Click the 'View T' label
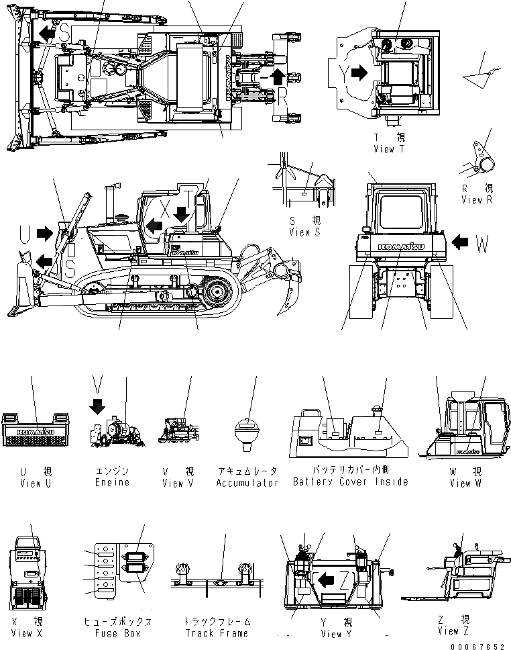click(389, 149)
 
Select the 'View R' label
click(481, 200)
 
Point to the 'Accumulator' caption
click(247, 483)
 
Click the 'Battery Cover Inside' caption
click(350, 482)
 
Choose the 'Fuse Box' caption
click(116, 633)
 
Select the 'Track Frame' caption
click(216, 633)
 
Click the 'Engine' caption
click(113, 483)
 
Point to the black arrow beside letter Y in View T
click(359, 73)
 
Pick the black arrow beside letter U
click(45, 233)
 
